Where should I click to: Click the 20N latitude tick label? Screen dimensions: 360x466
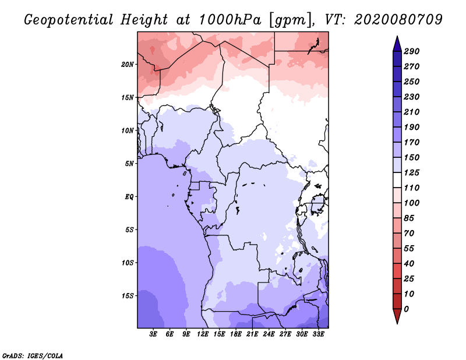128,64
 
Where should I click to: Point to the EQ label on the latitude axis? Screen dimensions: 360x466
129,197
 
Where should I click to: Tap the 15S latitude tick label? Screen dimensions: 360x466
128,296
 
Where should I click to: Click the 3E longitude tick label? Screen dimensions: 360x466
154,335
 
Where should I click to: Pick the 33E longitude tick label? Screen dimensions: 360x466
318,335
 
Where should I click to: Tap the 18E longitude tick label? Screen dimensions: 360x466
236,335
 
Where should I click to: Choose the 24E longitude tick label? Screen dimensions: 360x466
269,335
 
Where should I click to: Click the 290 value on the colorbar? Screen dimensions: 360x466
412,51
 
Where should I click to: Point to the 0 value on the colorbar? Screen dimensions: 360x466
407,309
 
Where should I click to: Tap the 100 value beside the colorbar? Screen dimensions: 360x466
412,203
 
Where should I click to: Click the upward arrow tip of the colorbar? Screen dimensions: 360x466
397,37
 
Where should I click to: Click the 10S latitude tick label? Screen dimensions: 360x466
128,263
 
